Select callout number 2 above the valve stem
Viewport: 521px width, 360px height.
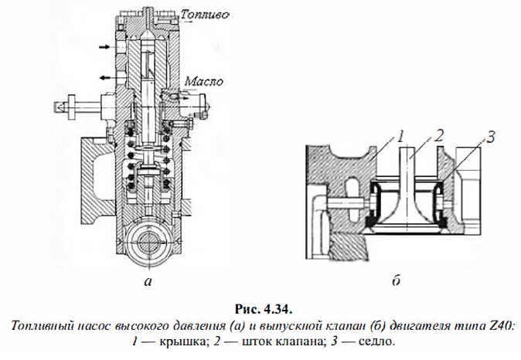pos(438,136)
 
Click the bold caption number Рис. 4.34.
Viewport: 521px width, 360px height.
pos(260,309)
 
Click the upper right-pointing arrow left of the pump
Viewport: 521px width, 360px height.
pos(104,48)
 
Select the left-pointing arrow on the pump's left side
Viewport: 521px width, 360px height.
pos(104,77)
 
